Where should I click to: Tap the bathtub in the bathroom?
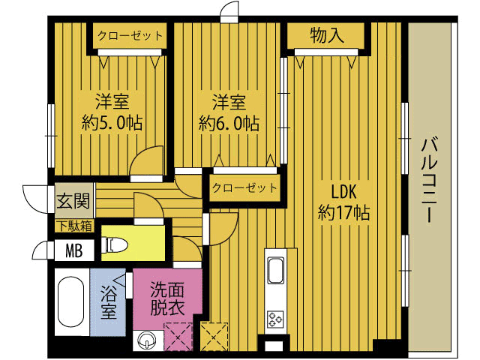(70, 302)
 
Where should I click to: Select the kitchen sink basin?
(276, 270)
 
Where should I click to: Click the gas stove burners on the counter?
(275, 319)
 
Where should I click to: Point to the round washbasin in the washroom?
(147, 340)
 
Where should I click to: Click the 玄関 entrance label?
(73, 201)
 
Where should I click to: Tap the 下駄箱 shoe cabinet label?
(75, 226)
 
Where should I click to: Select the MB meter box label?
(74, 250)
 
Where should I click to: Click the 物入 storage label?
(327, 35)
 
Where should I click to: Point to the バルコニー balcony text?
(430, 180)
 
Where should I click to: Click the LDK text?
(344, 192)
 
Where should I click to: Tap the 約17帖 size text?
(343, 212)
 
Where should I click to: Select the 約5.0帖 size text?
(112, 123)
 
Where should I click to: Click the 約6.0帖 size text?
(229, 123)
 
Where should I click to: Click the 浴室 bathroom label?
(109, 302)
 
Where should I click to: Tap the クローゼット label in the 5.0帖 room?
(130, 36)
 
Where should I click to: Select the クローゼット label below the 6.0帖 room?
(244, 187)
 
